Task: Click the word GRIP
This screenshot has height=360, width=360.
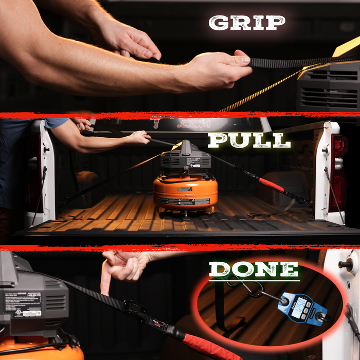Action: coord(246,23)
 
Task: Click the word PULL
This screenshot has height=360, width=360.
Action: coord(249,140)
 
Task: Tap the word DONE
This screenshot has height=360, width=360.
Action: coord(254,269)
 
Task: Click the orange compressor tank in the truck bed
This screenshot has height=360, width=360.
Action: coord(185,193)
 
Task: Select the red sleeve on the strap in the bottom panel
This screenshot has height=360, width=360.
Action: coord(206,344)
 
